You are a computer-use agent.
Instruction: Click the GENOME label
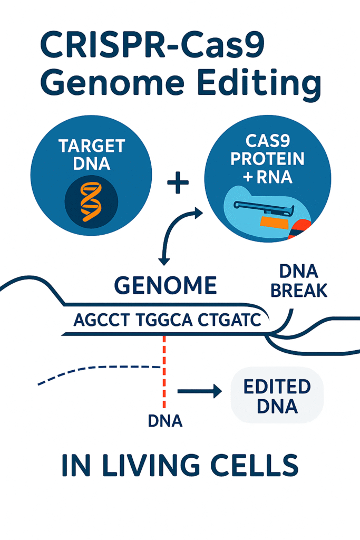click(x=165, y=285)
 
